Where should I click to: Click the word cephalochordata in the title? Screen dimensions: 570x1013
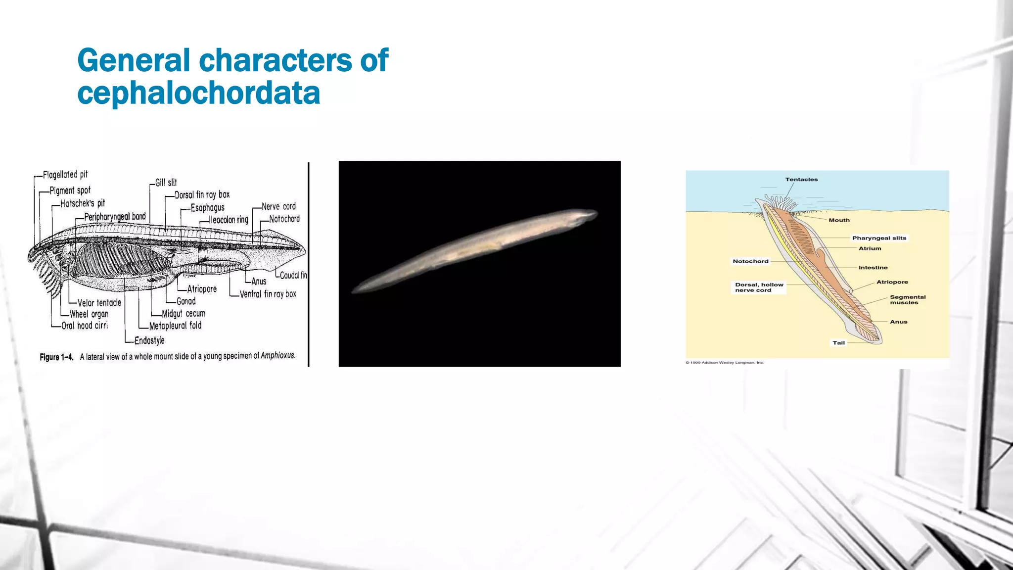[x=198, y=93]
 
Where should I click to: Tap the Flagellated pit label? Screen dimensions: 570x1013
[x=65, y=175]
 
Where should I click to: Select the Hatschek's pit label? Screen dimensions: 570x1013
[x=82, y=203]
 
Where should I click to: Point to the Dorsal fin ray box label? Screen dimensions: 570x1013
[x=202, y=195]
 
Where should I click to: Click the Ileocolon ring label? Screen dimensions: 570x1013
[x=229, y=220]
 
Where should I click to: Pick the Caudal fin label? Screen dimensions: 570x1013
[x=293, y=275]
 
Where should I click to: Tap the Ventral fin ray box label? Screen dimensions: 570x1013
[x=268, y=294]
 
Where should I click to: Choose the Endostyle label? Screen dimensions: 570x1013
[x=149, y=340]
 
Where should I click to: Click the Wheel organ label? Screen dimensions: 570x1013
[x=89, y=314]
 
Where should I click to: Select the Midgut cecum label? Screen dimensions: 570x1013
[x=183, y=314]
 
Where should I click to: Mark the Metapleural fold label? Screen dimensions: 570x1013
[x=175, y=326]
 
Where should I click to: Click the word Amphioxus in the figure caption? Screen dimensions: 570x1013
[x=277, y=355]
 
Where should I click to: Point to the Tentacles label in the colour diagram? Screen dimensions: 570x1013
[x=801, y=180]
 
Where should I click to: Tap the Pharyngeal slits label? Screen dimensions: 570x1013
[x=879, y=238]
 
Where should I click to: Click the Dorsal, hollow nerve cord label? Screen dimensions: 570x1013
[x=759, y=287]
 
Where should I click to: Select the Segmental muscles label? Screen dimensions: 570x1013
[x=907, y=300]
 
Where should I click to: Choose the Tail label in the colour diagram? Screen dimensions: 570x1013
[x=838, y=343]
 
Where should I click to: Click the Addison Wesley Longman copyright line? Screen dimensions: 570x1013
[x=725, y=363]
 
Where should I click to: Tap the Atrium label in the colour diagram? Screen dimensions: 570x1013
[x=870, y=248]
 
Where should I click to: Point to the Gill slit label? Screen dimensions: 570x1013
[x=166, y=183]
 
